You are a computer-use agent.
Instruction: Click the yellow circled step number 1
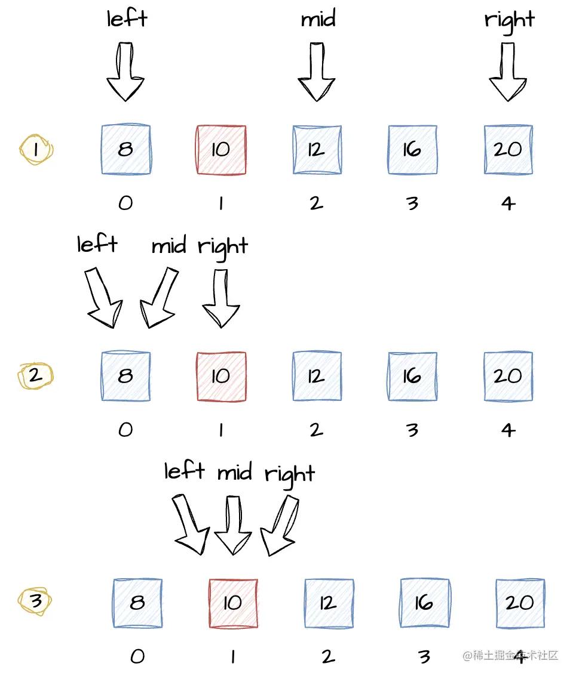(36, 149)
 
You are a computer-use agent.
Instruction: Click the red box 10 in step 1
(221, 149)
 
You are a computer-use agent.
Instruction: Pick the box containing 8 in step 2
(125, 376)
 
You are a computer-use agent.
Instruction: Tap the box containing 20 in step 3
(520, 603)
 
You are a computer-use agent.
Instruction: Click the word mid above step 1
(318, 20)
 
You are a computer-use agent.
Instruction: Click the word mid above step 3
(235, 473)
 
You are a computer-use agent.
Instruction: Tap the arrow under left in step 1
(125, 72)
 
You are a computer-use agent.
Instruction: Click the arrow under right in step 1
(508, 72)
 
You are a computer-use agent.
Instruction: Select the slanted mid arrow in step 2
(159, 297)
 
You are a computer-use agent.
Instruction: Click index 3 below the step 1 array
(412, 203)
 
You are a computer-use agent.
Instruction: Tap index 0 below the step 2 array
(125, 430)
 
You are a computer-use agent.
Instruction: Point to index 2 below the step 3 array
(327, 656)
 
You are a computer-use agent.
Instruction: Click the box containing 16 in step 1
(412, 149)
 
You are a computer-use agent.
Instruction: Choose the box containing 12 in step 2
(317, 376)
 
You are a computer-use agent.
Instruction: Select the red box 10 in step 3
(233, 603)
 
